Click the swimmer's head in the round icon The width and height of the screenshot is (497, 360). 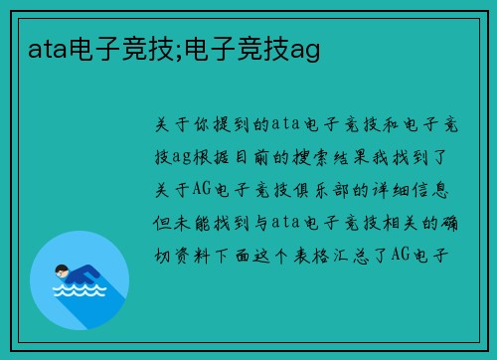(63, 270)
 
